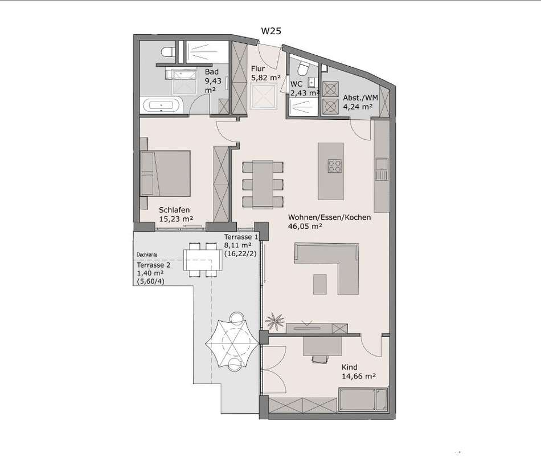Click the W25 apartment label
[x=271, y=31]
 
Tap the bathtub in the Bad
[x=161, y=105]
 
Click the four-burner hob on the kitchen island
[x=335, y=165]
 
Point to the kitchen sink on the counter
[x=382, y=169]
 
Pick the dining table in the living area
[x=263, y=184]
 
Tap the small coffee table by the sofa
[x=320, y=284]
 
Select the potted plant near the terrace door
[x=275, y=320]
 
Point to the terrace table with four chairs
[x=203, y=260]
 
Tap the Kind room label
[x=350, y=367]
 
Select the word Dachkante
[x=147, y=254]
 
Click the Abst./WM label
[x=360, y=98]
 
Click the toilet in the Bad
[x=168, y=52]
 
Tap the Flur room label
[x=258, y=69]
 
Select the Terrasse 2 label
[x=154, y=265]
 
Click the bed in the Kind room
[x=363, y=399]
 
